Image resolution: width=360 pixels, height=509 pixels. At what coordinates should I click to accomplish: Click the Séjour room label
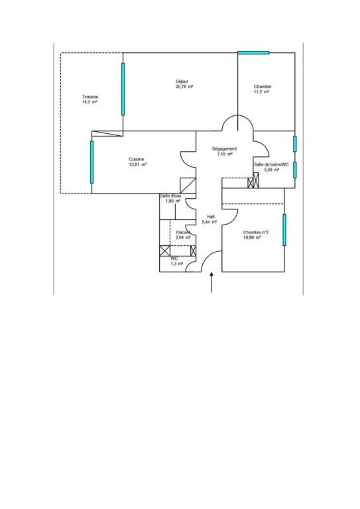pos(182,81)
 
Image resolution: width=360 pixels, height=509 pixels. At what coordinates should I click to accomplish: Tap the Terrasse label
pos(90,97)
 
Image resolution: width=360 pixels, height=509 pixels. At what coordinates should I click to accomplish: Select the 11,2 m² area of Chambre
pos(261,92)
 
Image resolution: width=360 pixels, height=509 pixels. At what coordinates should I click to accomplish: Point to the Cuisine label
pos(137,159)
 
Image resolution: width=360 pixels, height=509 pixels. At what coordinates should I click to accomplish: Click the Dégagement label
pos(224,148)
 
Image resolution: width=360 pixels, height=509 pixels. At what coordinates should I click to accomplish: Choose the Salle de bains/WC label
pos(271,164)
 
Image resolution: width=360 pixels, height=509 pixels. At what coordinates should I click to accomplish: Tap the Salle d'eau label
pos(170,196)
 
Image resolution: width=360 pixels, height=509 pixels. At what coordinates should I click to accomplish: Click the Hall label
pos(211,217)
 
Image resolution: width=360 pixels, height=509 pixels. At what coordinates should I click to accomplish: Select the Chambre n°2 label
pos(256,232)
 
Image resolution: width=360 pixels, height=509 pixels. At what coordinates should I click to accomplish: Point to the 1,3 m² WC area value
pos(177,264)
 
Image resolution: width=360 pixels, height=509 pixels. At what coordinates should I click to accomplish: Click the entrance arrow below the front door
pos(211,282)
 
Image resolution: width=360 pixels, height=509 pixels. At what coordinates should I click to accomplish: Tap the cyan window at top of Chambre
pos(253,52)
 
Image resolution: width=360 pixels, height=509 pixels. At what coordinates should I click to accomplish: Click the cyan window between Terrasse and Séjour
pos(123,89)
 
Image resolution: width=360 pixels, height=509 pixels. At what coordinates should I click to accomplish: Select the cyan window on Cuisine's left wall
pos(91,162)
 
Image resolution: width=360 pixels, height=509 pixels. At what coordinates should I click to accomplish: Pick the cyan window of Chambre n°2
pos(284,230)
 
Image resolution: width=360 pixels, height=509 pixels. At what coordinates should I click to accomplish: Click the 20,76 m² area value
pos(184,87)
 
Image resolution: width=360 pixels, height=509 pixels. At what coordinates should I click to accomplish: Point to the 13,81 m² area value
pos(138,164)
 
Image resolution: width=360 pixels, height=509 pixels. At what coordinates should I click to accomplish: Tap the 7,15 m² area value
pos(225,154)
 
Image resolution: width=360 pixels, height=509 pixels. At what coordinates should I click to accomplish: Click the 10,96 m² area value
pos(252,238)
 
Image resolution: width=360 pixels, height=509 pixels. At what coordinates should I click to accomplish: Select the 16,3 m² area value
pos(90,102)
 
